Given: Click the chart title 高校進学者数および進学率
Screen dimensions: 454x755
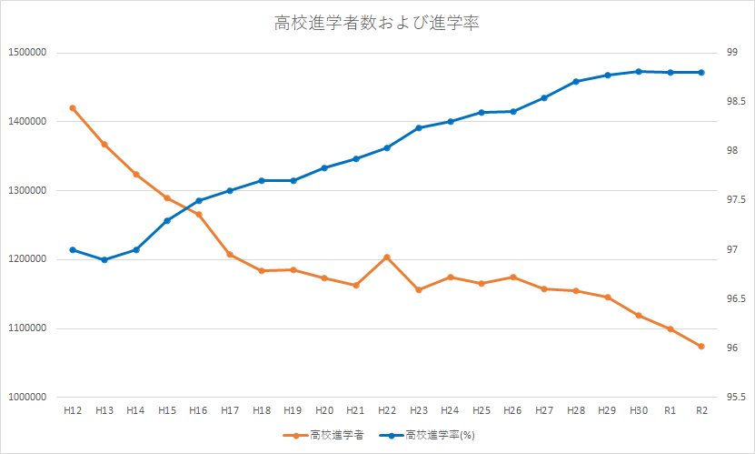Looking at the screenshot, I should [x=376, y=24].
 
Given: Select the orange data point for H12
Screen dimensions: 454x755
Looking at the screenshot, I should [x=73, y=108].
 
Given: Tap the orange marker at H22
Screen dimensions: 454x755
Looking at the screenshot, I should [x=387, y=257].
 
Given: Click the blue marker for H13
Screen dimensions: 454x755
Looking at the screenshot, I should [x=104, y=260].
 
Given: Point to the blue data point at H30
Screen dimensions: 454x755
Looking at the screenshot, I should [x=639, y=71].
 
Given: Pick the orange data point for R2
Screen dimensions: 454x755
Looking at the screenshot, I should [x=701, y=347].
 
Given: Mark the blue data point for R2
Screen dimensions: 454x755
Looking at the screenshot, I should [x=701, y=73].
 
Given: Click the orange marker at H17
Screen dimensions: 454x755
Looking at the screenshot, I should [x=230, y=255].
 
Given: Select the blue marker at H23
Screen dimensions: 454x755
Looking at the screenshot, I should [x=419, y=128].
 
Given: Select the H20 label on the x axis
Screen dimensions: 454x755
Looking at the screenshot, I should [x=324, y=412].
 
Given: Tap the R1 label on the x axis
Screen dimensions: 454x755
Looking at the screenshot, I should [x=670, y=412].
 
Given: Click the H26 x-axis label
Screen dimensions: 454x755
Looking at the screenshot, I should [x=513, y=412].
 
